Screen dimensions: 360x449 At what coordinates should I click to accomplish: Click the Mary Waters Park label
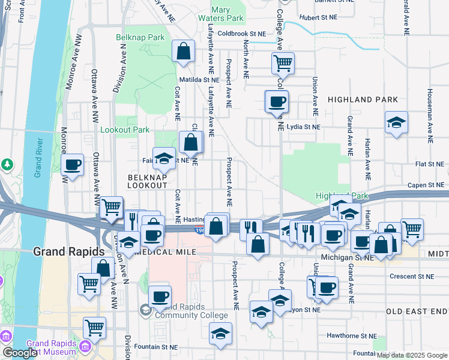pyautogui.click(x=228, y=14)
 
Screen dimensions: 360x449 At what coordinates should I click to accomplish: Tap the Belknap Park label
pyautogui.click(x=140, y=37)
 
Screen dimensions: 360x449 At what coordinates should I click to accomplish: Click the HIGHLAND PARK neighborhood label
pyautogui.click(x=363, y=99)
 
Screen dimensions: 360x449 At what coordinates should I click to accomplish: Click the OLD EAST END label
pyautogui.click(x=417, y=311)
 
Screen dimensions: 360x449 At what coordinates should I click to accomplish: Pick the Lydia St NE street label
pyautogui.click(x=304, y=127)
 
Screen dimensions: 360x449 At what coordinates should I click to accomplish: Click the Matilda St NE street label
pyautogui.click(x=199, y=79)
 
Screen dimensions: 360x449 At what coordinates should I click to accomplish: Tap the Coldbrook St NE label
pyautogui.click(x=241, y=34)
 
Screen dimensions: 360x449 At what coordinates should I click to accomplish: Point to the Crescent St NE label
pyautogui.click(x=411, y=277)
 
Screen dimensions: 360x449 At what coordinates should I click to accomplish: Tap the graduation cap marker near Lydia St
pyautogui.click(x=396, y=123)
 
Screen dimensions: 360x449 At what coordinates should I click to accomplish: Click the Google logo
pyautogui.click(x=19, y=353)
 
